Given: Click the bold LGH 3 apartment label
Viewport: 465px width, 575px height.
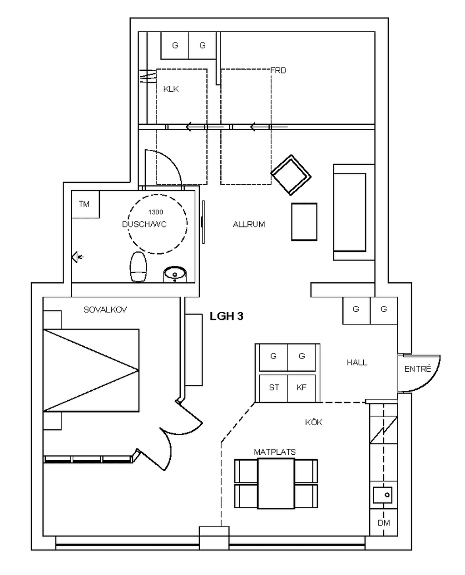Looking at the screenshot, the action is pos(226,316).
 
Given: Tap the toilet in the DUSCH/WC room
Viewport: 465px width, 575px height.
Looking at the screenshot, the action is pos(138,267).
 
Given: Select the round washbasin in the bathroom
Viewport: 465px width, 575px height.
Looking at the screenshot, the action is pos(175,274).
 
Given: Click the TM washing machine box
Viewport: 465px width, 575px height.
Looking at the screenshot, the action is pos(85,204).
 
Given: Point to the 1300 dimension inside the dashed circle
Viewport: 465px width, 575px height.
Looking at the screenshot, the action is pos(156,212).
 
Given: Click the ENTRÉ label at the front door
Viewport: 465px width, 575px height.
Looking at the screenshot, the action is pos(417,369).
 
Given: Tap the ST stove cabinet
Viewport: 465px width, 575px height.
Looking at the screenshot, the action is pos(273,388).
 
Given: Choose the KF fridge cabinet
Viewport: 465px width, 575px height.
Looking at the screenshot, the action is pos(302,388).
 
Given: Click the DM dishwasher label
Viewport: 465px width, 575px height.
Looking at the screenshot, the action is pos(384,523).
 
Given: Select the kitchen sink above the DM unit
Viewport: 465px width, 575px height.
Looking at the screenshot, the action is pos(383,495).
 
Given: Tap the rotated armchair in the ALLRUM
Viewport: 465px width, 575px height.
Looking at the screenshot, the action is pos(291,175).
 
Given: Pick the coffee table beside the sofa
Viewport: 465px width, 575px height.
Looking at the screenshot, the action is pos(304,222).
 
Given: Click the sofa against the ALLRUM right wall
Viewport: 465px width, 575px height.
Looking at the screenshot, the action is pos(354,212).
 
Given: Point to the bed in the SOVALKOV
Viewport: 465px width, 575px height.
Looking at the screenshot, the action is pos(91,370).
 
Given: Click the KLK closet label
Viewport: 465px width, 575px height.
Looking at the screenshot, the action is pos(171,89).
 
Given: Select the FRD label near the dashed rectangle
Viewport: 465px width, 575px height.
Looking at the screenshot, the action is pos(278,70).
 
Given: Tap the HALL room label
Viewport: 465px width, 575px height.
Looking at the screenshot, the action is pos(357,363).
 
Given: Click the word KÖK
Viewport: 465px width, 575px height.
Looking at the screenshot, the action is pos(313,422).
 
